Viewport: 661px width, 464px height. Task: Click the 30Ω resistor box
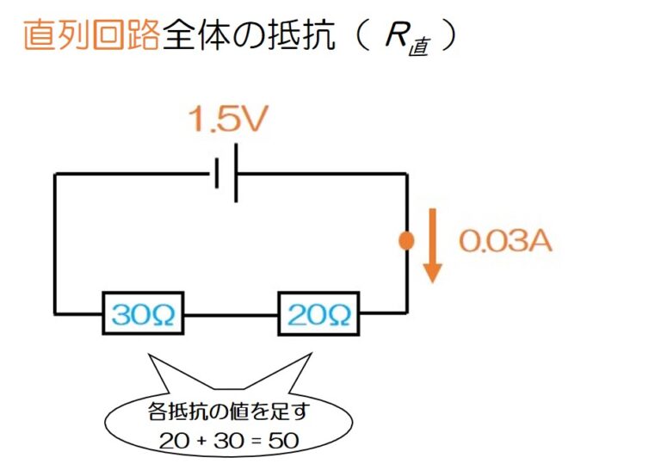tap(144, 314)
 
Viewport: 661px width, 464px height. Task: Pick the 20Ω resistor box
tap(318, 314)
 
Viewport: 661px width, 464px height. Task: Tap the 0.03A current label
tap(504, 242)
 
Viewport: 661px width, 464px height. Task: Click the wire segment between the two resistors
tap(231, 315)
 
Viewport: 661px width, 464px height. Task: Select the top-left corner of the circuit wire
tap(55, 175)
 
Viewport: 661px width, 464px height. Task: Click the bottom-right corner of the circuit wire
tap(405, 313)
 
